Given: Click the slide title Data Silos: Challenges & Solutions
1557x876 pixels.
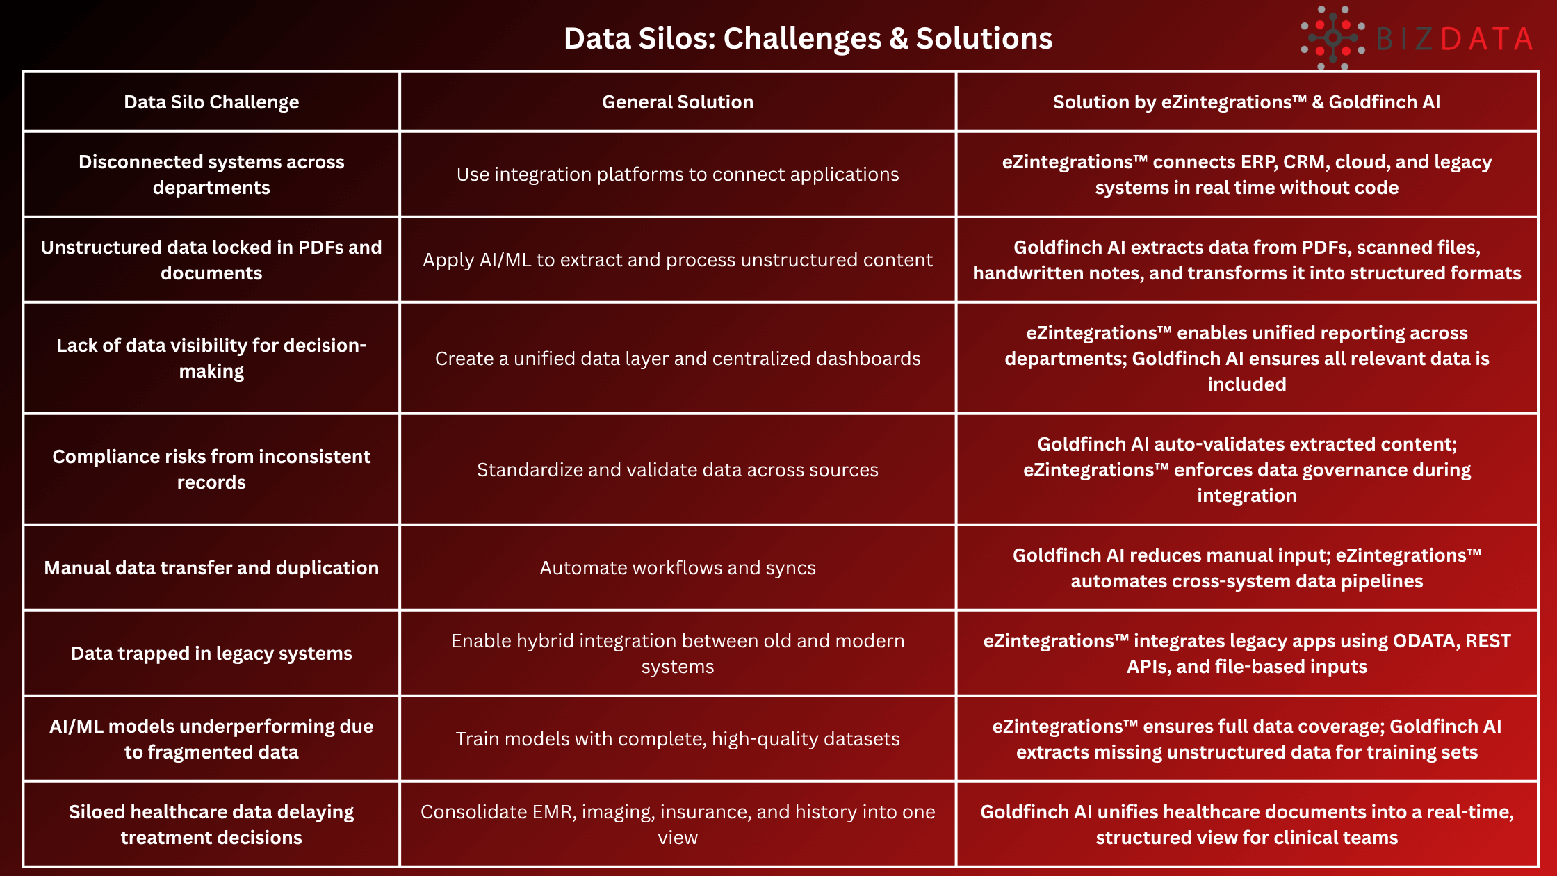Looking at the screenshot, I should point(808,38).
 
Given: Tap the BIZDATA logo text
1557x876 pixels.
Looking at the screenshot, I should point(1453,39).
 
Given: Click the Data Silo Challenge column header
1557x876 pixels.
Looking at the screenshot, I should point(211,102).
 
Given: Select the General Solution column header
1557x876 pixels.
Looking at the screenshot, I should point(678,102).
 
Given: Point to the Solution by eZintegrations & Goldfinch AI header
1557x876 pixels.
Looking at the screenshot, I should point(1246,102).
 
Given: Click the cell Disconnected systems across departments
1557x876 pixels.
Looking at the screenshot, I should point(211,175).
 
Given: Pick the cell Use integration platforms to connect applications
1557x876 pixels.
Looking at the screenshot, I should point(678,175).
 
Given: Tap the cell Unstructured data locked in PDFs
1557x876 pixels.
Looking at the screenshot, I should point(211,260).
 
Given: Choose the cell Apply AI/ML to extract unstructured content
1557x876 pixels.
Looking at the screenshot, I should point(678,260).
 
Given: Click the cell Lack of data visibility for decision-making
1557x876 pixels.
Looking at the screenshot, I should point(211,358).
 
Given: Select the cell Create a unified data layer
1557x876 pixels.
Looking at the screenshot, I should point(678,359).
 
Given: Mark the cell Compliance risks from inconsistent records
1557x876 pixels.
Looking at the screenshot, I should point(211,469).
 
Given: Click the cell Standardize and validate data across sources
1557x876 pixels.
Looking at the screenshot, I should point(678,470).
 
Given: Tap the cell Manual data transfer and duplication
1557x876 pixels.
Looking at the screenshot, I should point(211,568).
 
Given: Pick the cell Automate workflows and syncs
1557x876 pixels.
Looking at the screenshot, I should point(678,568).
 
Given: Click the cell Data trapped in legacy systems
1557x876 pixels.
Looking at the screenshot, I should point(211,654).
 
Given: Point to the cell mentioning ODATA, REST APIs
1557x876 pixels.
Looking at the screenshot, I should point(1246,654).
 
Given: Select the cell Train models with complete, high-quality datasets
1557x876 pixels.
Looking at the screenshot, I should point(678,739).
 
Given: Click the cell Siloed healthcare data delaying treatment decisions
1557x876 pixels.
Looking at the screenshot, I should point(211,825).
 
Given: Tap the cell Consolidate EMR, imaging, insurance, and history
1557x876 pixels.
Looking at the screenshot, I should point(678,825).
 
